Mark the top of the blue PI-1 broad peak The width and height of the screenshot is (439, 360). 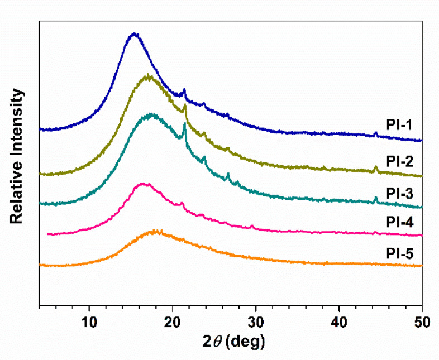coord(133,34)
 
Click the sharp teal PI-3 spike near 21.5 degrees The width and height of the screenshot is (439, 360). coord(185,124)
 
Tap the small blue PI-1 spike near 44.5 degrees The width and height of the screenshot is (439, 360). coord(375,133)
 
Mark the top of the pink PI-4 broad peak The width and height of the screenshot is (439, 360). coord(143,184)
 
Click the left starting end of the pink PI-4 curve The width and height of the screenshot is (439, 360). coord(49,234)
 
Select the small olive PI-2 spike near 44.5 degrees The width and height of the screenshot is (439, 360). coord(376,167)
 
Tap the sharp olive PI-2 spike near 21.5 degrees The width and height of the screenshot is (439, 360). coord(185,105)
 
